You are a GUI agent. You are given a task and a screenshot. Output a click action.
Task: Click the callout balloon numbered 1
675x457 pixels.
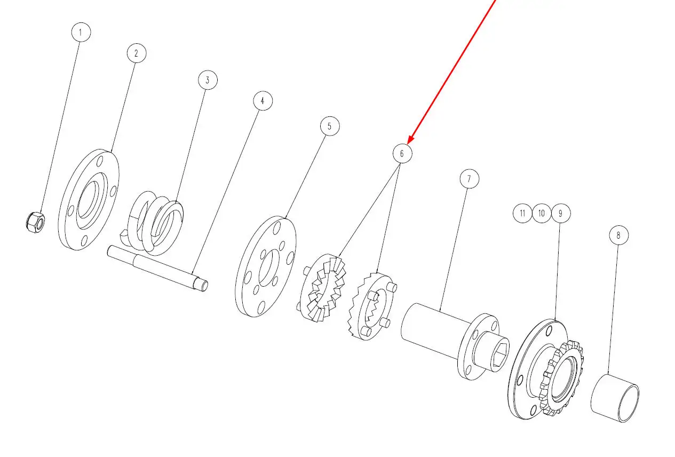[81, 32]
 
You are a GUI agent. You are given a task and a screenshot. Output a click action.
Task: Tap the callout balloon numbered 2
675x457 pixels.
[137, 53]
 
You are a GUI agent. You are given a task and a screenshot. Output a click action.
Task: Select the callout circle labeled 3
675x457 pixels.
[208, 80]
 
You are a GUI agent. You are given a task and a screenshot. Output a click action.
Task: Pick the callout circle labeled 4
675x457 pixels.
[263, 101]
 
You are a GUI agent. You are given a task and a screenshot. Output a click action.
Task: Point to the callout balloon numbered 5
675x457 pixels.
[330, 126]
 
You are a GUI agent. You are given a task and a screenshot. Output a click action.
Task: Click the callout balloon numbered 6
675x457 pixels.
[402, 153]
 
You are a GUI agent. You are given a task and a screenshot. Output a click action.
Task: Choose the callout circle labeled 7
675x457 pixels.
[470, 179]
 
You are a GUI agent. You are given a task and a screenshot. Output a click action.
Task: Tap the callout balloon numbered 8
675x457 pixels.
[618, 235]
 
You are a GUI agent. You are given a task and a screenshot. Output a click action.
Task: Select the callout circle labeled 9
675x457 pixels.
[561, 214]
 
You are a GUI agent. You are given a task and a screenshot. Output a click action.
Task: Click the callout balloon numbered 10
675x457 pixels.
[542, 214]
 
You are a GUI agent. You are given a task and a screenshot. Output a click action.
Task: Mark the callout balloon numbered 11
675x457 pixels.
[522, 214]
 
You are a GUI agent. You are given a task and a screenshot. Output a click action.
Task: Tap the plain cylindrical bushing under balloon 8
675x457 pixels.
[615, 398]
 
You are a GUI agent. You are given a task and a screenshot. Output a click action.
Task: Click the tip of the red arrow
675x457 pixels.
[408, 143]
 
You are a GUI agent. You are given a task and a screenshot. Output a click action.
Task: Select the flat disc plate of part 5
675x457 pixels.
[265, 266]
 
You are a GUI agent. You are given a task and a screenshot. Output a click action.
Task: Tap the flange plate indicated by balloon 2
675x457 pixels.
[88, 199]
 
